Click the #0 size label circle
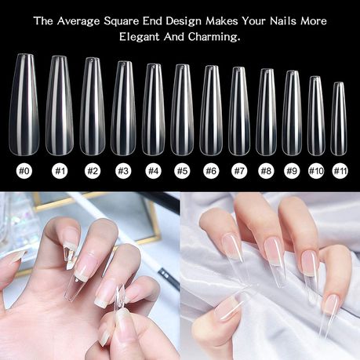(24, 171)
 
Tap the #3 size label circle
(123, 171)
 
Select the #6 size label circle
(211, 171)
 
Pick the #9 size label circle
(292, 171)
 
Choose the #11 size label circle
(340, 171)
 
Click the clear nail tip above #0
(24, 104)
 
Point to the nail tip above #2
(93, 106)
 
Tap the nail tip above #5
(182, 110)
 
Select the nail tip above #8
(266, 112)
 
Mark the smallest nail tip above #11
(339, 119)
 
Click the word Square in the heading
(121, 21)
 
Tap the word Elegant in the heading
(140, 37)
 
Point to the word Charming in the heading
(214, 37)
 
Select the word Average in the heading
(78, 21)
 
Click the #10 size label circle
(316, 171)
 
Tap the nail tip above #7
(238, 111)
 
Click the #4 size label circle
(153, 171)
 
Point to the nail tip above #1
(60, 105)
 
